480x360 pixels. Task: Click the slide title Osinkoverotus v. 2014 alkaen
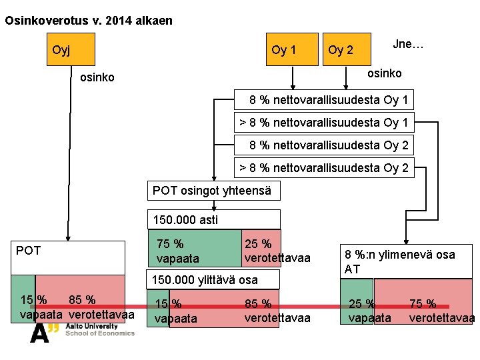(x=88, y=21)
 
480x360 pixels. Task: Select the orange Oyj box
(x=70, y=50)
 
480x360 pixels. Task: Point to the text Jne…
(x=408, y=44)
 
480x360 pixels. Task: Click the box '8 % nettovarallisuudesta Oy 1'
(x=325, y=100)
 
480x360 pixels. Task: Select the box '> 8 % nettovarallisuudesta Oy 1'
(x=325, y=122)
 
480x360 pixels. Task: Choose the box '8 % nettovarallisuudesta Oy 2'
(x=325, y=145)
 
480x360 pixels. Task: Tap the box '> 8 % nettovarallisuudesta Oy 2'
(x=325, y=167)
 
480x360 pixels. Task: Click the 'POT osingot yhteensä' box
(x=212, y=191)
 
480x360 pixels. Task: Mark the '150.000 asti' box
(x=213, y=219)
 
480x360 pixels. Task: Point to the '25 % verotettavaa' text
(x=277, y=251)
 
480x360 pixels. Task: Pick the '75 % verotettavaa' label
(x=440, y=311)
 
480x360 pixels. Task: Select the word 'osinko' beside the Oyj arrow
(x=97, y=77)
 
